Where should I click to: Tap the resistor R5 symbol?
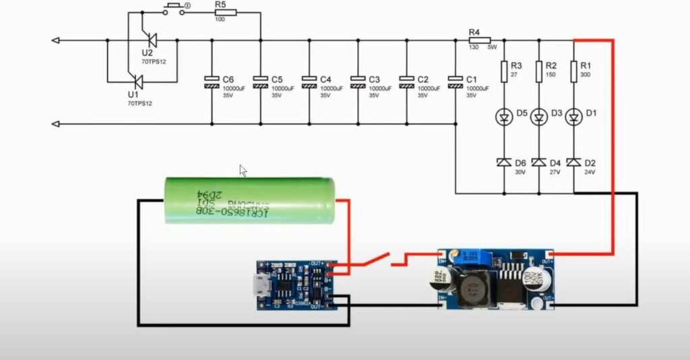pyautogui.click(x=225, y=12)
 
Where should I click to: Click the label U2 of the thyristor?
pyautogui.click(x=147, y=53)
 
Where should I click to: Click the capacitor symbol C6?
pyautogui.click(x=212, y=82)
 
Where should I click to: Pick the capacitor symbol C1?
pyautogui.click(x=456, y=82)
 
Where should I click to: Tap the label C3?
pyautogui.click(x=375, y=79)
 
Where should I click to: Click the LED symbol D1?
pyautogui.click(x=573, y=118)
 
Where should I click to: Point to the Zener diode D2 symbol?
pyautogui.click(x=573, y=162)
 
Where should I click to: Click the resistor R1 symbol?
pyautogui.click(x=573, y=71)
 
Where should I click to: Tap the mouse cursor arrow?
pyautogui.click(x=243, y=171)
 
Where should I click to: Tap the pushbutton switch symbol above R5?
pyautogui.click(x=174, y=9)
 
